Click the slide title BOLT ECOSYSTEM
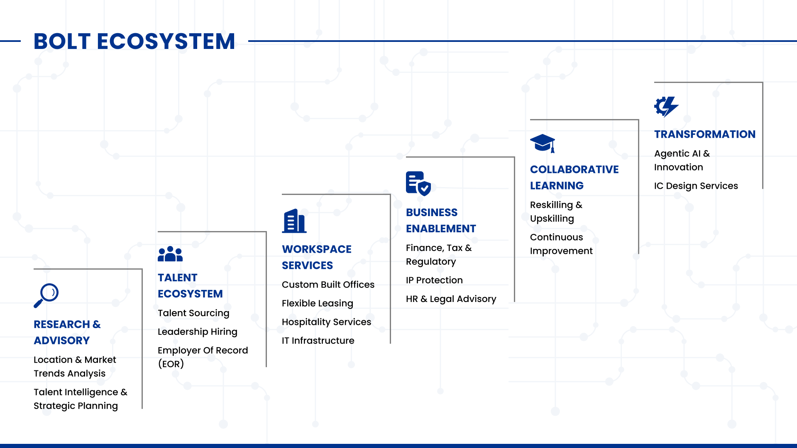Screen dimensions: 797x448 (x=134, y=41)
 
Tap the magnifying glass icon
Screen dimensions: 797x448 (x=46, y=295)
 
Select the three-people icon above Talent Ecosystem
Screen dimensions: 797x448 (x=170, y=254)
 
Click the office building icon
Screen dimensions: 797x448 (x=294, y=221)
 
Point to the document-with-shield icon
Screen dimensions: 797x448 (x=418, y=183)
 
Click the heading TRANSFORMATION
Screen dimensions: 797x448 (x=705, y=134)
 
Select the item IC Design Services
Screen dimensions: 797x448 (x=696, y=186)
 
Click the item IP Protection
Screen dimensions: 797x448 (x=434, y=280)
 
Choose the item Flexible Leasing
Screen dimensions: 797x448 (x=318, y=304)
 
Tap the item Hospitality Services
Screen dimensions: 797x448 (x=326, y=322)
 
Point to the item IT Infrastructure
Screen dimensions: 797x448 (x=318, y=341)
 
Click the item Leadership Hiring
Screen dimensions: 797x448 (x=198, y=332)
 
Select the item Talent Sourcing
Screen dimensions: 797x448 (x=193, y=313)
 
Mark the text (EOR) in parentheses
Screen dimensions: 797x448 (x=171, y=364)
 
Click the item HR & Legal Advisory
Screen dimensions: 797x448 (x=451, y=299)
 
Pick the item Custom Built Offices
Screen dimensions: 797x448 (x=328, y=285)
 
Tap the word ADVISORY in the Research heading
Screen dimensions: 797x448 (x=62, y=341)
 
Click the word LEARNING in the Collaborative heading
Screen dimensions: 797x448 (x=557, y=186)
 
